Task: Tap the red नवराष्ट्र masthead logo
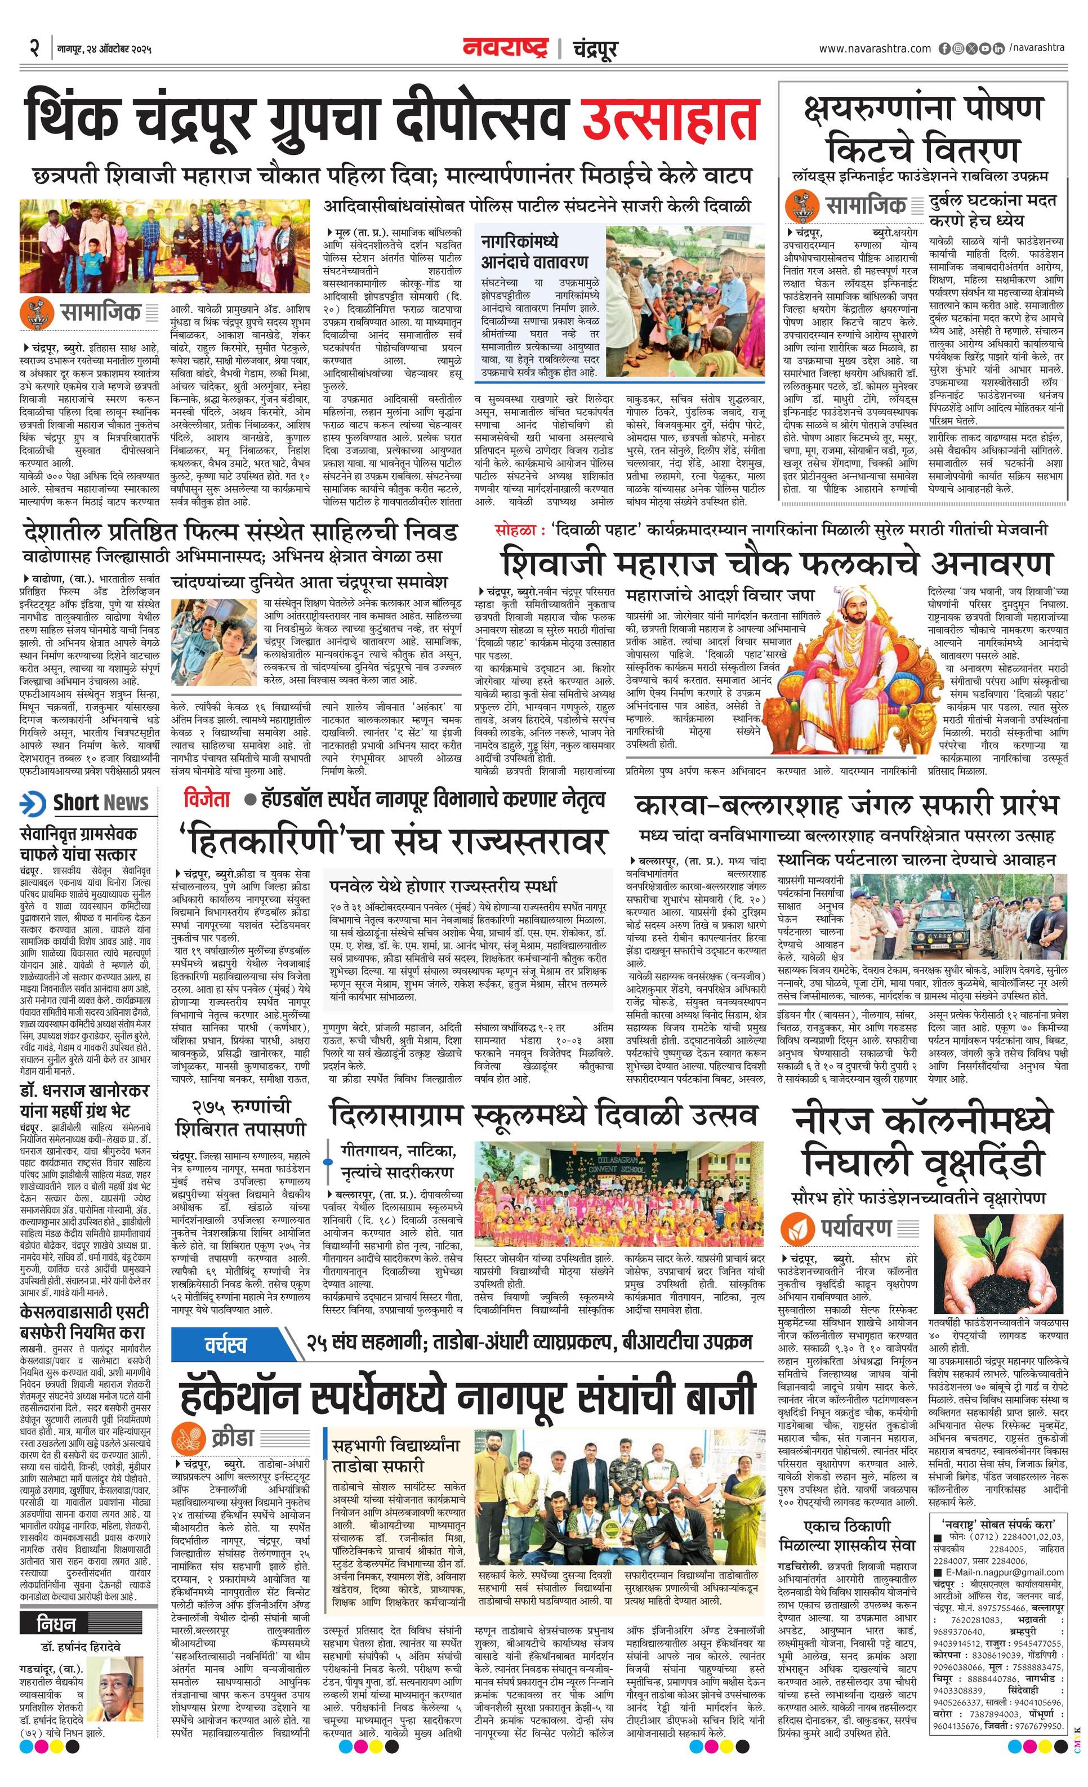pos(506,48)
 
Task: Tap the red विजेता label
pos(207,799)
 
